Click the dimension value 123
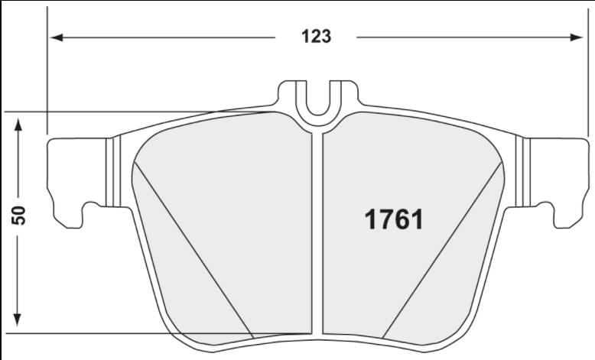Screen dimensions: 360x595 click(315, 36)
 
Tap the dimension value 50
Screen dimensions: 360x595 click(20, 215)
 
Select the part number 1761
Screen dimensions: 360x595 click(392, 219)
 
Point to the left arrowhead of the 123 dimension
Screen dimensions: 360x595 click(56, 37)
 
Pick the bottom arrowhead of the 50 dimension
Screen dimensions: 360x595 click(21, 324)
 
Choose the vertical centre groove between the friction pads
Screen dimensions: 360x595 click(317, 229)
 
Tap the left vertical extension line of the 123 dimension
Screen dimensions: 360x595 click(47, 76)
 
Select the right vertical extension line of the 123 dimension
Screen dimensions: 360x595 click(585, 76)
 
